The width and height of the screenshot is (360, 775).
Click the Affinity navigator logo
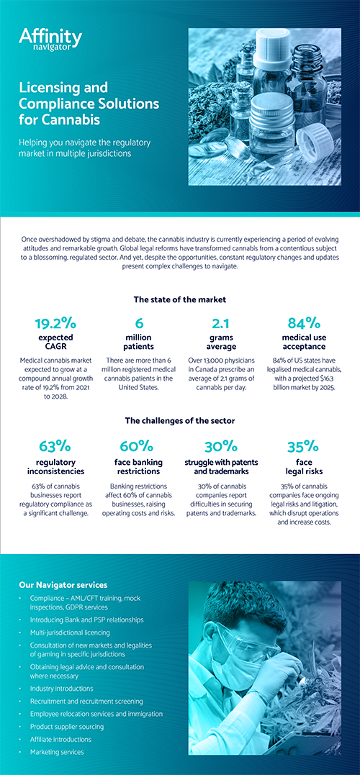pyautogui.click(x=50, y=39)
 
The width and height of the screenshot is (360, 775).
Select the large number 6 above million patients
pyautogui.click(x=139, y=323)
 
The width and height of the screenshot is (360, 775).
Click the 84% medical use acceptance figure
pyautogui.click(x=304, y=323)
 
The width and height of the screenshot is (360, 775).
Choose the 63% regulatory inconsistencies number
pyautogui.click(x=55, y=447)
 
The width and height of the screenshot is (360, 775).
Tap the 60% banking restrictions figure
pyautogui.click(x=137, y=447)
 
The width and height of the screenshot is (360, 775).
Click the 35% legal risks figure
pyautogui.click(x=302, y=447)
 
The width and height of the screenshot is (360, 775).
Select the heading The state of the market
pyautogui.click(x=180, y=299)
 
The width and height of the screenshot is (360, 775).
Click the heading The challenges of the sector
pyautogui.click(x=180, y=421)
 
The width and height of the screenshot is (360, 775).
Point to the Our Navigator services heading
pyautogui.click(x=63, y=585)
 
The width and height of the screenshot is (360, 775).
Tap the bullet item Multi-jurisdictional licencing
pyautogui.click(x=70, y=632)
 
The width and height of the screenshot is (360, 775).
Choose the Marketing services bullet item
pyautogui.click(x=57, y=752)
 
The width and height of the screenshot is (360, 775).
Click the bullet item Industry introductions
pyautogui.click(x=61, y=688)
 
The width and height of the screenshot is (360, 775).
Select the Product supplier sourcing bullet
pyautogui.click(x=67, y=727)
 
